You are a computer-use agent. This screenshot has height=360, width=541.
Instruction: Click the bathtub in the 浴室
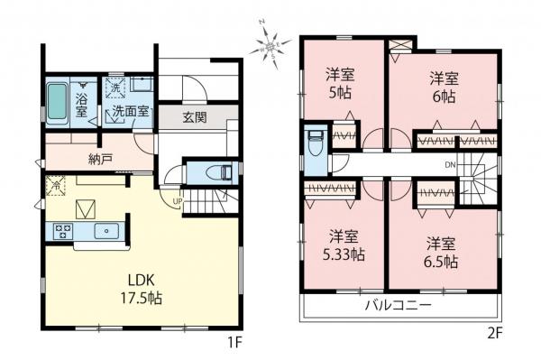[x=57, y=105]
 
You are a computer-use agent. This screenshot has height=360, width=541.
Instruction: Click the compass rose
[x=270, y=47]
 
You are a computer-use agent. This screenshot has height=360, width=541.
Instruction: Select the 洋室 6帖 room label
[x=444, y=86]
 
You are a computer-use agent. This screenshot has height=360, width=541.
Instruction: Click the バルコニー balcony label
[x=399, y=306]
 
